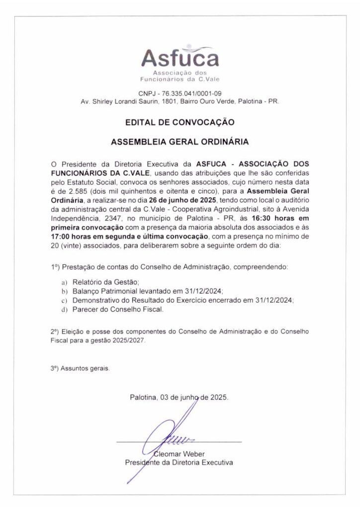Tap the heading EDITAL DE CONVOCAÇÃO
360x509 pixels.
pos(180,121)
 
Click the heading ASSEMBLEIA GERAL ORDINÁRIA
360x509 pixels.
pos(180,141)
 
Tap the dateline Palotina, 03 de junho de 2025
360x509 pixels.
pos(179,397)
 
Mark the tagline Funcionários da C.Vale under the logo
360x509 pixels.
pos(180,79)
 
